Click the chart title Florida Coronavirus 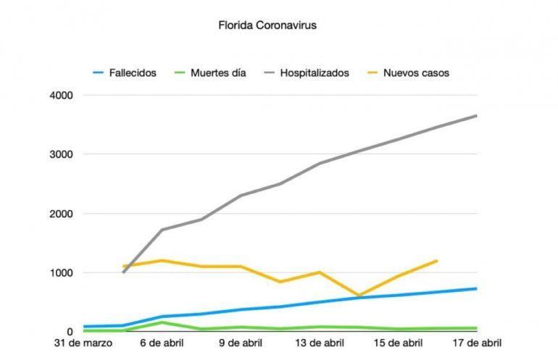pos(267,25)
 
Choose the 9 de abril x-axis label pos(241,343)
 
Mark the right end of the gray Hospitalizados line pos(476,116)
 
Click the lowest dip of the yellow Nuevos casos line pos(358,296)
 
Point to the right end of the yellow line pos(437,261)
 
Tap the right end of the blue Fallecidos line pos(476,288)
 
